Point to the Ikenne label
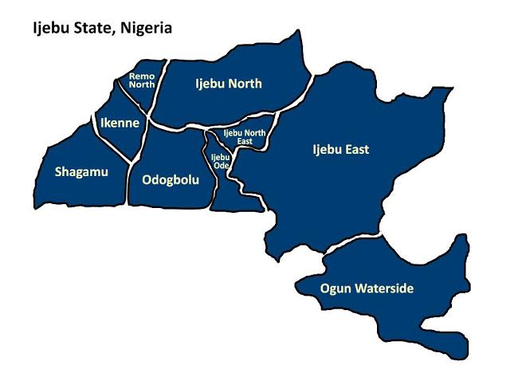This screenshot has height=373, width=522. pos(120,123)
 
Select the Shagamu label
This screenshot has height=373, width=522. pos(80,171)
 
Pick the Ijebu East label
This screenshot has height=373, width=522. pos(340,149)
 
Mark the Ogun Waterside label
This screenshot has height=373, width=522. pos(367,288)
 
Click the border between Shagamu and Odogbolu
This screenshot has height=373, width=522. pos(128,175)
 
